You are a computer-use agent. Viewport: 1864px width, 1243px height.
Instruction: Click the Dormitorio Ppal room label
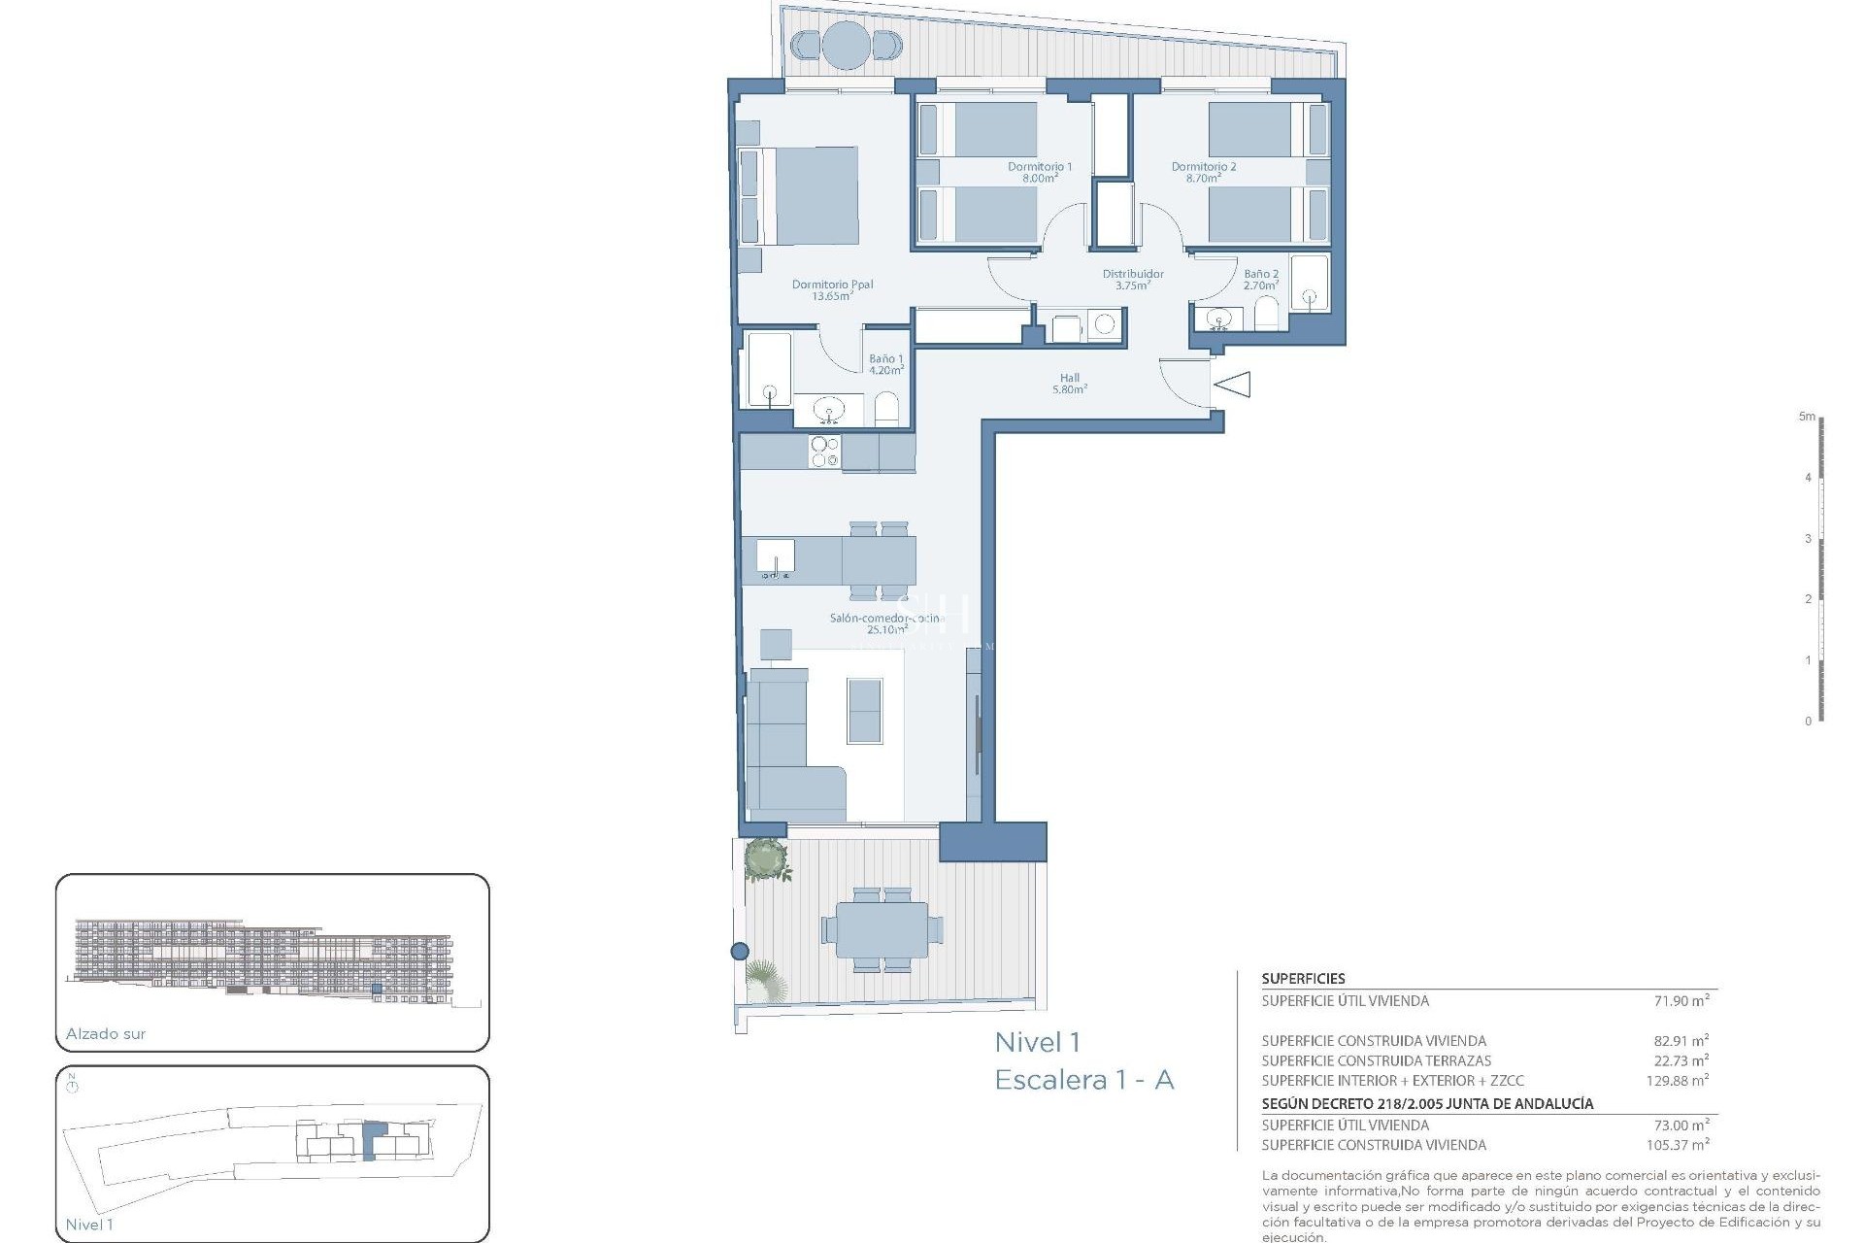click(832, 290)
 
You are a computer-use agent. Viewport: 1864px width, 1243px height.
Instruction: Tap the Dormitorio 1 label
click(1039, 172)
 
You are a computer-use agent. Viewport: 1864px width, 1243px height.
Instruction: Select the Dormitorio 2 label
click(1203, 172)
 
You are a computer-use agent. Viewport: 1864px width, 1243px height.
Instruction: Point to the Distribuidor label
click(1132, 280)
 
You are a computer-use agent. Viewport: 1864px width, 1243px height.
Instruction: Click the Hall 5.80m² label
click(1069, 384)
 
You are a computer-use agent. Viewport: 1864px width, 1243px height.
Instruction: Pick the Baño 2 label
click(1260, 280)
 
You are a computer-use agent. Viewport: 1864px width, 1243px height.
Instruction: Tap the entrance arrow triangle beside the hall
click(1234, 386)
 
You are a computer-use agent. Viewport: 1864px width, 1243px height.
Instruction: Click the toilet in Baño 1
click(886, 410)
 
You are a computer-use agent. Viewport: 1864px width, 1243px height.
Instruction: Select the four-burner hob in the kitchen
click(825, 452)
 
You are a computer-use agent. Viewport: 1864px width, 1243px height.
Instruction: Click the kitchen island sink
click(776, 560)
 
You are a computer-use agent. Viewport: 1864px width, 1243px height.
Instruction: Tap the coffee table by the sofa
click(864, 711)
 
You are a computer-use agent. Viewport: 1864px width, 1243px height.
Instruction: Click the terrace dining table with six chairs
click(882, 929)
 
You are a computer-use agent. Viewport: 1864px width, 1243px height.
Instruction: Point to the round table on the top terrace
click(845, 45)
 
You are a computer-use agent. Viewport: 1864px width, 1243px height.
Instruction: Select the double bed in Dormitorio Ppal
click(801, 195)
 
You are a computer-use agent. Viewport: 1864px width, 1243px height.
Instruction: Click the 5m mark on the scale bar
click(1806, 417)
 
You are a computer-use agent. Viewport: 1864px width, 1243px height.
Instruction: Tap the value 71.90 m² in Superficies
click(1681, 1000)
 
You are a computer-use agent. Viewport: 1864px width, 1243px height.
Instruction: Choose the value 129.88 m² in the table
click(1677, 1080)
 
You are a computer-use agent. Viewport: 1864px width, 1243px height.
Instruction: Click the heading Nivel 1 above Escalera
click(1037, 1043)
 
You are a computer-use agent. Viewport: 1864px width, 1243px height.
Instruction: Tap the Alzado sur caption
click(106, 1033)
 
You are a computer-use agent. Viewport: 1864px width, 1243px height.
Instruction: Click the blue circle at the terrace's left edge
click(740, 951)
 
